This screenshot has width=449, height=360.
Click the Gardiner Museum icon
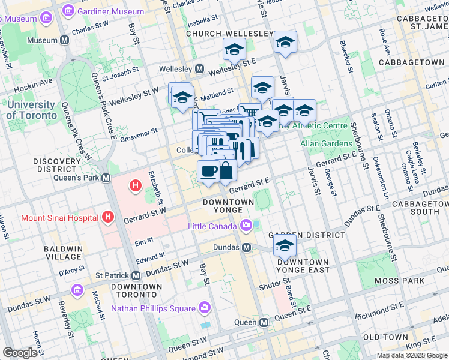pos(68,11)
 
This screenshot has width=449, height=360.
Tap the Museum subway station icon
pos(64,40)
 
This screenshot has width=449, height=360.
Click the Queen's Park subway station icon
pos(106,178)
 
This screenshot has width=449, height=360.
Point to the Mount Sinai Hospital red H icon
pos(108,217)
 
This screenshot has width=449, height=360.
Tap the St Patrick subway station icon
pos(136,276)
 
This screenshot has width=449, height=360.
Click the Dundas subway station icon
pos(246,247)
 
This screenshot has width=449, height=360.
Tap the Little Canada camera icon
pos(246,226)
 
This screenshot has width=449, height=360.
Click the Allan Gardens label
pos(327,143)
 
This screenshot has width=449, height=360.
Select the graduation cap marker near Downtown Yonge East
pos(285,245)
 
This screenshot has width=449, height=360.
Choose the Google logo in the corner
pos(20,352)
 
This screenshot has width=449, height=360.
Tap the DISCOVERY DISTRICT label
pos(61,166)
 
